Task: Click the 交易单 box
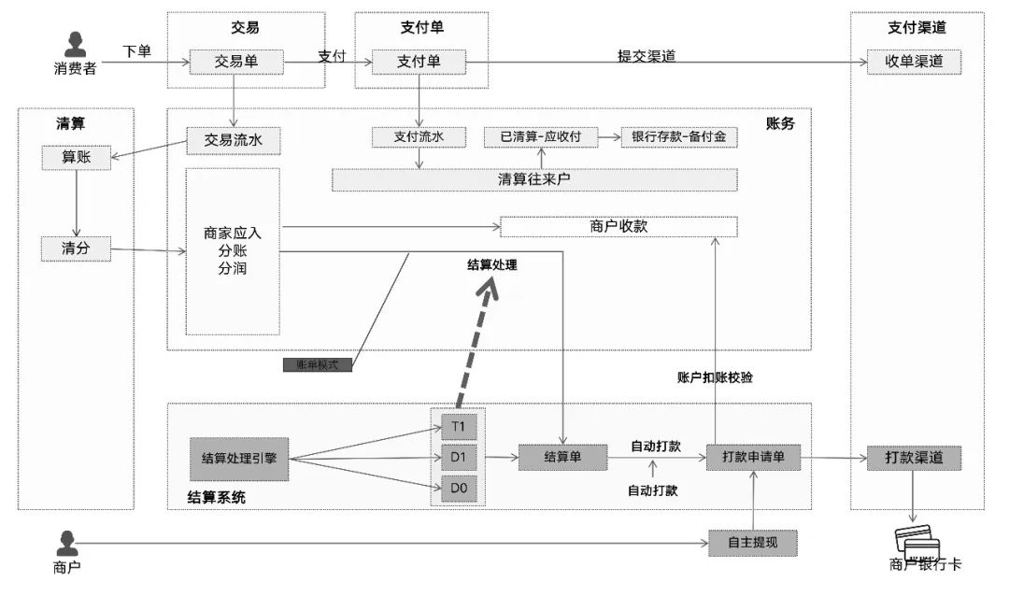pos(236,62)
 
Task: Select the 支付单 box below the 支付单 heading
pos(418,62)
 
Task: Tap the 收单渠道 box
pos(914,62)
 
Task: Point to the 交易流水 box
pos(234,140)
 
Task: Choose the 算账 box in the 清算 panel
pos(76,158)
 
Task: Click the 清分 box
pos(76,248)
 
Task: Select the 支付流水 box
pos(418,137)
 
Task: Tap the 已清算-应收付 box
pos(541,137)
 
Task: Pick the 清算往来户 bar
pos(534,179)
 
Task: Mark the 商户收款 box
pos(618,226)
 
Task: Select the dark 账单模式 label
pos(318,364)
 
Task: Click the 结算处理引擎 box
pos(239,458)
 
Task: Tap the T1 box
pos(458,428)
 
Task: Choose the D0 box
pos(458,489)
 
